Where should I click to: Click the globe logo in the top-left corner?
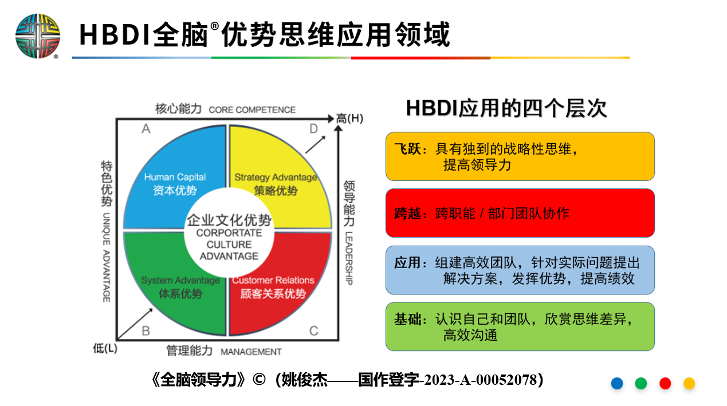(38, 36)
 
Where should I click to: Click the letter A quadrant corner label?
(146, 129)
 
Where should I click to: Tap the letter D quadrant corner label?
(313, 129)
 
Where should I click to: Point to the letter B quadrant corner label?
(146, 331)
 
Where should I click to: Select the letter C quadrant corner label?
(313, 331)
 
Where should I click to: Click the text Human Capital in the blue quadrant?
(175, 177)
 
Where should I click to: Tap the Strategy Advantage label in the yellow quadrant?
(276, 178)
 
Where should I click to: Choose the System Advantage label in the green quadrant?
(180, 280)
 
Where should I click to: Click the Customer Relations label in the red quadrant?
(273, 280)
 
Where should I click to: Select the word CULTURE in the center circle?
(229, 245)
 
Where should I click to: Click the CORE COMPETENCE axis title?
(252, 110)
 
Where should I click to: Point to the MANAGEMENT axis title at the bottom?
(251, 352)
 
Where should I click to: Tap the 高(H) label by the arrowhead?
(349, 119)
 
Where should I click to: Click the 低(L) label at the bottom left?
(105, 349)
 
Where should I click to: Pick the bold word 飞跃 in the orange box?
(408, 149)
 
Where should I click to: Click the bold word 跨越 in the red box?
(408, 214)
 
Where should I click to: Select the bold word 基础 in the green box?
(408, 319)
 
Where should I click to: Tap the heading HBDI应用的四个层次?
(506, 108)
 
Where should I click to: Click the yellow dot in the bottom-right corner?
(689, 383)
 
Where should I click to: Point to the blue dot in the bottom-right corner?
(617, 383)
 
